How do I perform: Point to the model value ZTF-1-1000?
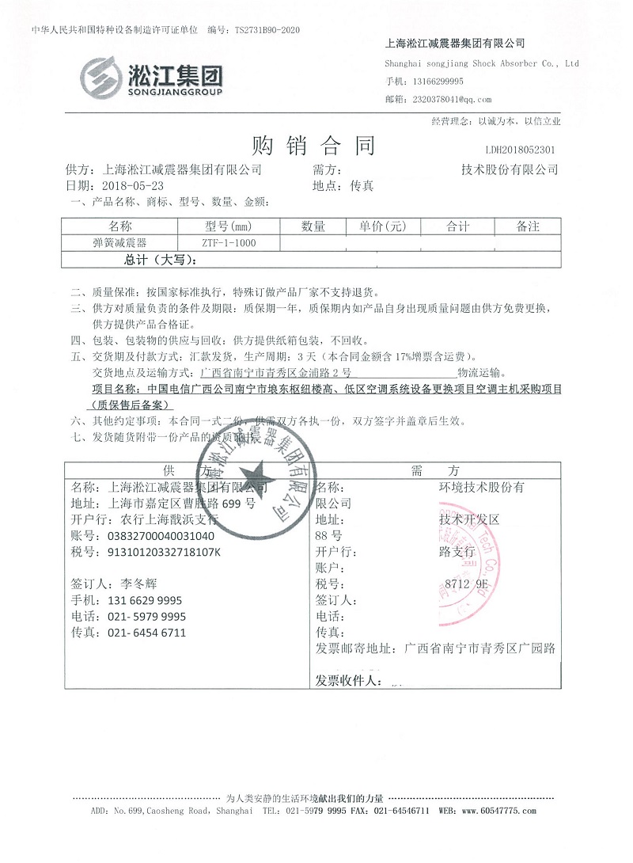coord(229,243)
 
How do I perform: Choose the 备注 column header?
coord(528,226)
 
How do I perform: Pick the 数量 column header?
coord(313,226)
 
